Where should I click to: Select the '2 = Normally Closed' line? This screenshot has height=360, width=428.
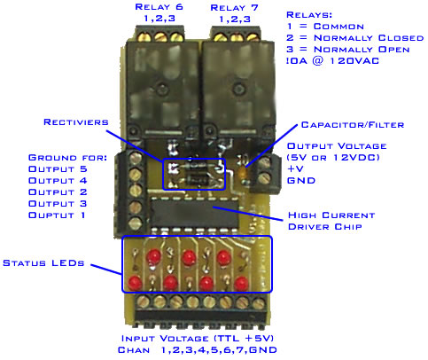(x=350, y=38)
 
